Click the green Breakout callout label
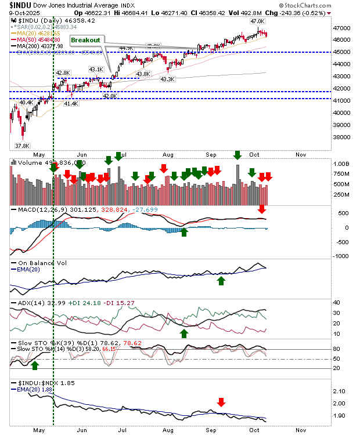[x=85, y=40]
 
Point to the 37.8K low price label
[x=22, y=146]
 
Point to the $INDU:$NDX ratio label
[x=35, y=384]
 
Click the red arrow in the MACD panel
[x=261, y=209]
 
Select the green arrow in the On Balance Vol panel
[x=221, y=281]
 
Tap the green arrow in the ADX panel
[x=185, y=333]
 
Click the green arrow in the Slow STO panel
[x=35, y=365]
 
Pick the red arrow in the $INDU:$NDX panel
[x=221, y=402]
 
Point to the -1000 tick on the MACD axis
[x=343, y=256]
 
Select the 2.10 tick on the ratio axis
[x=340, y=391]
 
